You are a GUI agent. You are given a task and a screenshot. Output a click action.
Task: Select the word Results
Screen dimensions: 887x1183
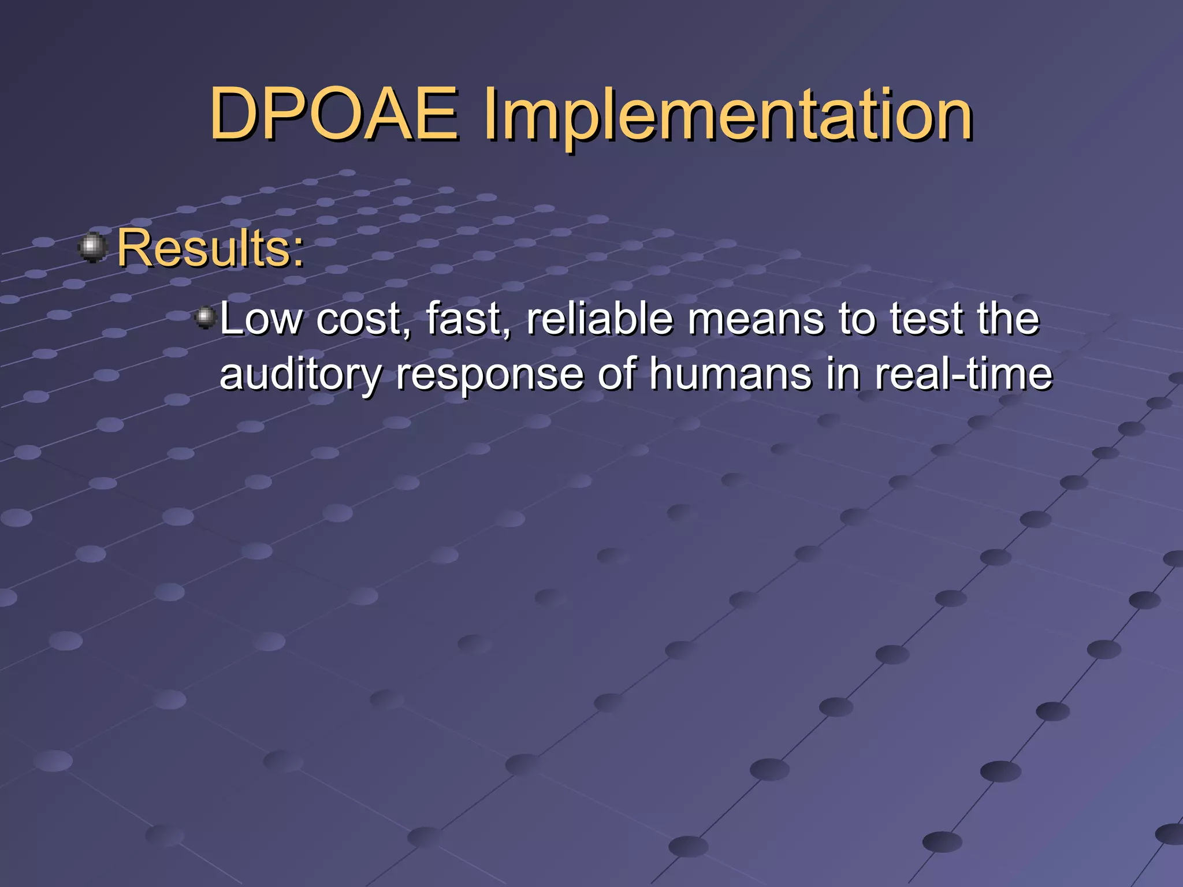[203, 248]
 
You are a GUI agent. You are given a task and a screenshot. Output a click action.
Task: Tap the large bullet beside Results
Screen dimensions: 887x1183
[92, 248]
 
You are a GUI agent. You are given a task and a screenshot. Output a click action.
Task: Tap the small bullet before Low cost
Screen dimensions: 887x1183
[204, 317]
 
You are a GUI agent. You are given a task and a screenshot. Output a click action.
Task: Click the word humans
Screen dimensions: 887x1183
[730, 374]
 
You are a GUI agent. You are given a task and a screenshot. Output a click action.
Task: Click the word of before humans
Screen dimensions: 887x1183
[617, 374]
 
